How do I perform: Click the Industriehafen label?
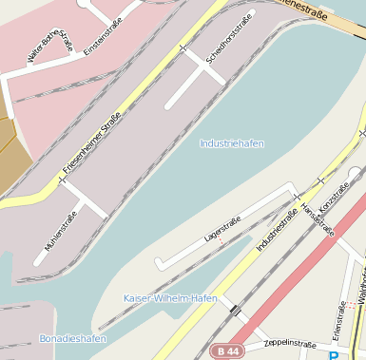point(232,143)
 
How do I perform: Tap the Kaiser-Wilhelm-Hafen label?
point(170,298)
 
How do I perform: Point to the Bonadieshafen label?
point(72,338)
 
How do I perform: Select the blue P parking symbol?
point(334,355)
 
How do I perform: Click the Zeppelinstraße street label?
point(289,343)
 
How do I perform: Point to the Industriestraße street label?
point(277,229)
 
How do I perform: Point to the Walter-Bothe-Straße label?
point(50,47)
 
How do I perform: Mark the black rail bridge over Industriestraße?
point(234,311)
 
